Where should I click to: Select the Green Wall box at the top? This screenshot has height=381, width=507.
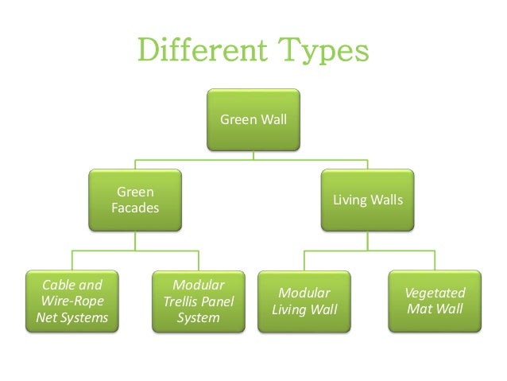(253, 120)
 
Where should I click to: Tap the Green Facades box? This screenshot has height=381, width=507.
(135, 200)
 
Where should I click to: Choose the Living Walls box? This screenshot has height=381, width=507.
(368, 200)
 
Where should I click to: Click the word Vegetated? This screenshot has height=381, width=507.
(435, 293)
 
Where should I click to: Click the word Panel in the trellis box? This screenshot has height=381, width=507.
(218, 301)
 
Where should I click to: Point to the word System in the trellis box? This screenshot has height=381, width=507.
(199, 318)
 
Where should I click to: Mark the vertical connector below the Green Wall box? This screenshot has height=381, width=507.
(253, 155)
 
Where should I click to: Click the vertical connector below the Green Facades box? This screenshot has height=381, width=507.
(135, 241)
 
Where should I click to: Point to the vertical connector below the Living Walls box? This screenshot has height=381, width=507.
(368, 241)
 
